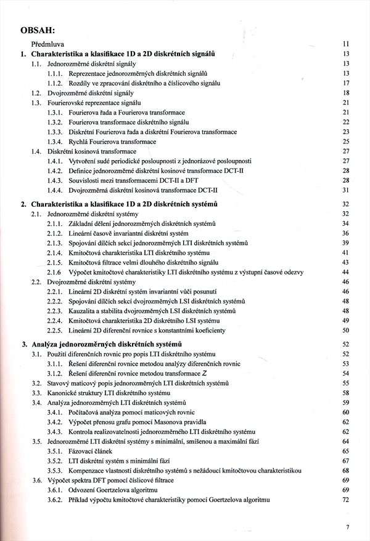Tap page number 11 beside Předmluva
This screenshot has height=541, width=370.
(346, 44)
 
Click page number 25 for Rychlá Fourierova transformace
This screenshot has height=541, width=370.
(346, 142)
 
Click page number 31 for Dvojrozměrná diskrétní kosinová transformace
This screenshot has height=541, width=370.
(346, 190)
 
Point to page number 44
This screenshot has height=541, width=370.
(346, 272)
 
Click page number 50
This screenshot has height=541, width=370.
(346, 330)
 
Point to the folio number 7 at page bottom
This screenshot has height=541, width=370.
(348, 527)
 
